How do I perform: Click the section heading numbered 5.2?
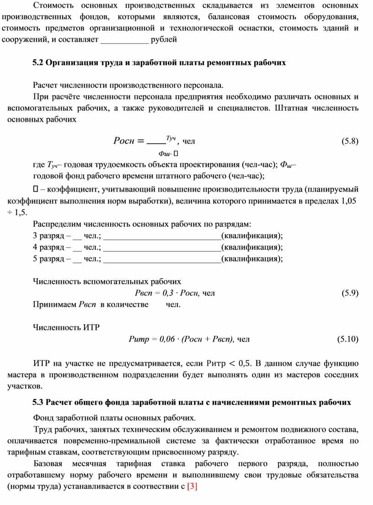click(x=159, y=63)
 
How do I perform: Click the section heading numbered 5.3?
click(x=192, y=402)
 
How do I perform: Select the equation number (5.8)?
click(x=350, y=141)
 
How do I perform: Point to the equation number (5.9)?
click(x=350, y=293)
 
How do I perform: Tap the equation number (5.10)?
click(x=348, y=339)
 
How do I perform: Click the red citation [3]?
click(x=192, y=486)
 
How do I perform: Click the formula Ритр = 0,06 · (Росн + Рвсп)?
click(x=182, y=339)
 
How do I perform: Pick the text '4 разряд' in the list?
click(x=48, y=247)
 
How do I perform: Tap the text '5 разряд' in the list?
click(x=48, y=259)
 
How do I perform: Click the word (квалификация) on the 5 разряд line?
click(x=251, y=259)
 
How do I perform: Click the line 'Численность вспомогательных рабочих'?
click(x=107, y=281)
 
